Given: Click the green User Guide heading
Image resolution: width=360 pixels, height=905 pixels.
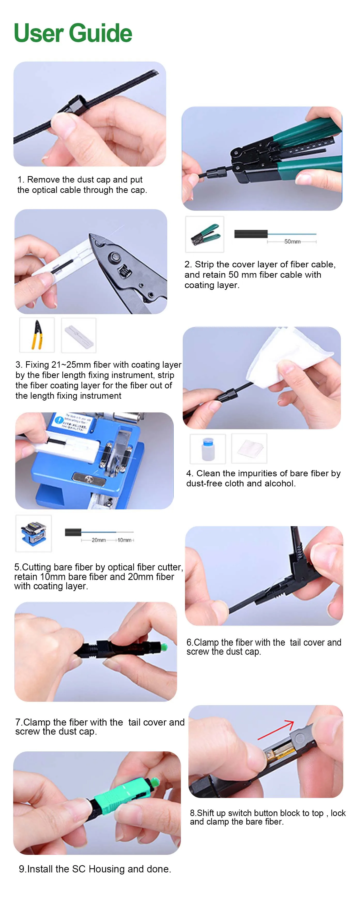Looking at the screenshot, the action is pos(73,33).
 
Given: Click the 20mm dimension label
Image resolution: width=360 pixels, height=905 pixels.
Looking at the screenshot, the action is pos(99,540).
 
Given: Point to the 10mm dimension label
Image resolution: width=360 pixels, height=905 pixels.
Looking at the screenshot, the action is pos(124,540).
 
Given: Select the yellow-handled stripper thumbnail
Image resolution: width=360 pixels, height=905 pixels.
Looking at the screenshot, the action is pos(37,335).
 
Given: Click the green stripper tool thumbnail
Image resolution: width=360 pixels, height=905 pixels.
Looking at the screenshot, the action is pos(204,234).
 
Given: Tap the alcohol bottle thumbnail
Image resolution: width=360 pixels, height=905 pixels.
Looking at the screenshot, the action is pos(208,449).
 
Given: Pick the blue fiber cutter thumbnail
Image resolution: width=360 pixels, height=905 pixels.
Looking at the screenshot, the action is pos(33,533).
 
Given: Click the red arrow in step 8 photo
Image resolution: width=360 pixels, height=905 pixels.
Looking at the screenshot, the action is pos(276,730).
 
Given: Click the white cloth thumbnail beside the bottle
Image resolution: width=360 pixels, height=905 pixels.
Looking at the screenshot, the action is pos(249,448).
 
